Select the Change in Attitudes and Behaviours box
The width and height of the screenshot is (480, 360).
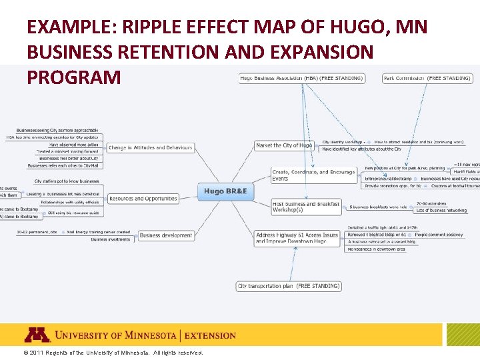[x=150, y=148]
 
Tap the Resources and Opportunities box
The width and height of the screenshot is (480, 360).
[x=143, y=199]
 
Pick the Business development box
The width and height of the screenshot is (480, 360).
[x=165, y=235]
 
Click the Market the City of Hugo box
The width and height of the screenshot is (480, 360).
[x=283, y=145]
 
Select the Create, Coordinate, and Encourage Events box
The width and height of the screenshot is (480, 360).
[x=313, y=175]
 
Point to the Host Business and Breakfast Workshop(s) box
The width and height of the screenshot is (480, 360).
[x=306, y=207]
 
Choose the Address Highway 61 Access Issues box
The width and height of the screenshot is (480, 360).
[x=297, y=238]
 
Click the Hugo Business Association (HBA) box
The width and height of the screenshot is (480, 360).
[x=301, y=79]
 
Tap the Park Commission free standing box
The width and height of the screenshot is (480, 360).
[x=427, y=79]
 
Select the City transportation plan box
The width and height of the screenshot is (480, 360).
[x=289, y=286]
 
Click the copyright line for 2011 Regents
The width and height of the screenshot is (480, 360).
[x=113, y=353]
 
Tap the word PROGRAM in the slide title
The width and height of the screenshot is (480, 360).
[x=73, y=77]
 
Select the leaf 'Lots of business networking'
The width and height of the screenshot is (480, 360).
[x=441, y=211]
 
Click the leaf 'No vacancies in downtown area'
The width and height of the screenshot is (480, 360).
[x=376, y=249]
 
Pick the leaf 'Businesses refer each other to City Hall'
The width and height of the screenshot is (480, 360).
[x=63, y=165]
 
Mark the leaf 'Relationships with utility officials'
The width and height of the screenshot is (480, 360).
[x=69, y=202]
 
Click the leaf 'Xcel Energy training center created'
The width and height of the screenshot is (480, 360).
[x=98, y=233]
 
